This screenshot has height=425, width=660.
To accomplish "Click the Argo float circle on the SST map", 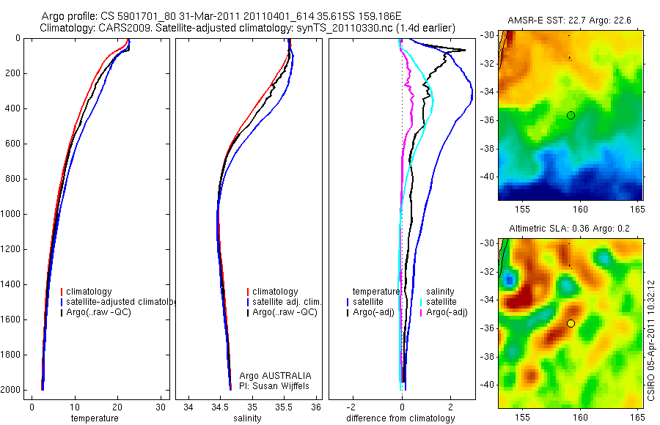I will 571,115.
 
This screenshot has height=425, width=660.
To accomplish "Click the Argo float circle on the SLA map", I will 571,323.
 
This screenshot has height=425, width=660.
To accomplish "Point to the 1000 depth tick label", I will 11,214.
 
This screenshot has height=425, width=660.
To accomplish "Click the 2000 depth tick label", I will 11,390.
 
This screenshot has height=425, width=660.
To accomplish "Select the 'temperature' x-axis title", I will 94,418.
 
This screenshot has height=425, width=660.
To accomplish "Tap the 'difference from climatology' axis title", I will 400,418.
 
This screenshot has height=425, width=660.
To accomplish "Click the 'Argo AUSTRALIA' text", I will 270,375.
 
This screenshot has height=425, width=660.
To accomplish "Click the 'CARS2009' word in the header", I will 120,28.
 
